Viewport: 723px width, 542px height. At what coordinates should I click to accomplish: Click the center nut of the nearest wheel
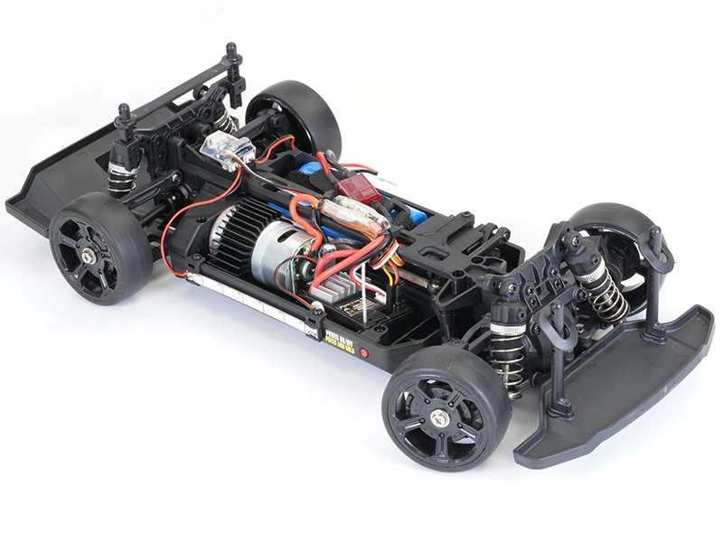tap(440, 417)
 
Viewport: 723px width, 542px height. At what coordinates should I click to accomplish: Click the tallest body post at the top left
tap(232, 68)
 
